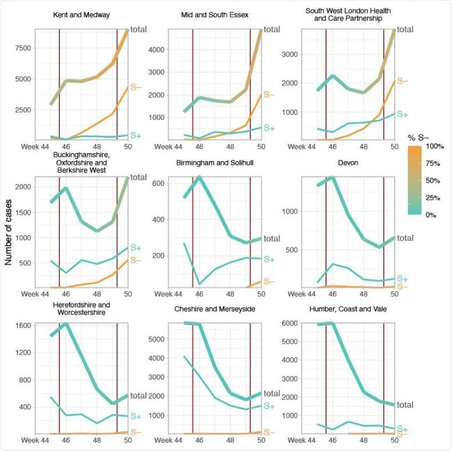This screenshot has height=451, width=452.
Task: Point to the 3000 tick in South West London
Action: point(289,54)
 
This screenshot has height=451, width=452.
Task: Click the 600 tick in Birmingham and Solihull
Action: point(159,183)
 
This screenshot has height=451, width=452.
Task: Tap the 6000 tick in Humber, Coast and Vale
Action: point(289,323)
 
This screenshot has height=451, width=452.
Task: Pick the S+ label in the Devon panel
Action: point(402,279)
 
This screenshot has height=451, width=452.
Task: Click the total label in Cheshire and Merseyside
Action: point(272,394)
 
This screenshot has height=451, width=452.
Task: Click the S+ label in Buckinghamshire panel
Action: point(136,248)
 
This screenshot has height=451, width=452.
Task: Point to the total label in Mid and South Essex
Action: point(272,29)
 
